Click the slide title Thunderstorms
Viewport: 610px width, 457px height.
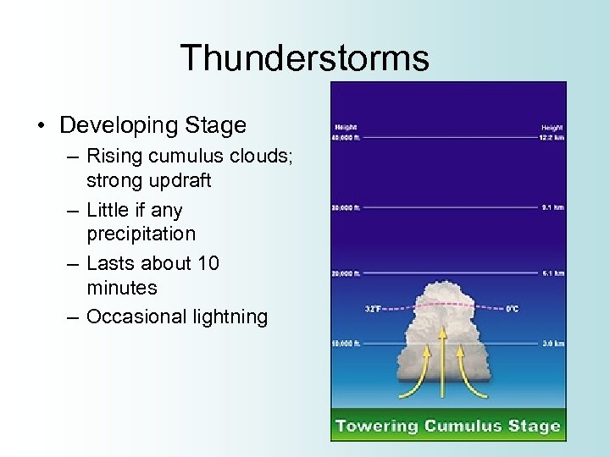click(304, 58)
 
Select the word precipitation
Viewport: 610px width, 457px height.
click(141, 233)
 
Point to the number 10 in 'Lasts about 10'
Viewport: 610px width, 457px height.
click(208, 263)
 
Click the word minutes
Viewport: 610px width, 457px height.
click(122, 288)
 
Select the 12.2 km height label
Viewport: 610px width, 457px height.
click(552, 136)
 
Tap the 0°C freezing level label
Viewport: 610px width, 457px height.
click(513, 309)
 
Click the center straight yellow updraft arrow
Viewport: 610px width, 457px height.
click(442, 364)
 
